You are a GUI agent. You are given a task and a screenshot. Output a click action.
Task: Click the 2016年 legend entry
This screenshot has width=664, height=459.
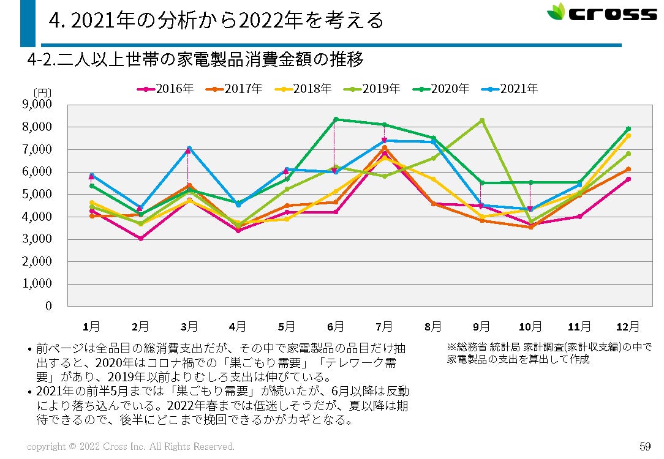tap(165, 89)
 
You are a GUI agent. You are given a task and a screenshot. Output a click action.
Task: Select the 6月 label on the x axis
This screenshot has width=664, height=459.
tap(335, 326)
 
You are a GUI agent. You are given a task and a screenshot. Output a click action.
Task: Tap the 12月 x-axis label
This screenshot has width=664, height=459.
tap(628, 326)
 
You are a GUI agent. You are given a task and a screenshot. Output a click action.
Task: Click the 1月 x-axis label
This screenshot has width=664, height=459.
tap(91, 326)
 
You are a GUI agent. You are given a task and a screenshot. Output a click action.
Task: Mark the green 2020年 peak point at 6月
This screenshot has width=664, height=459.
tap(335, 119)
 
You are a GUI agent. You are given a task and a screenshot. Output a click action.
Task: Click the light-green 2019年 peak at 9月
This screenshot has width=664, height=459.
tap(482, 121)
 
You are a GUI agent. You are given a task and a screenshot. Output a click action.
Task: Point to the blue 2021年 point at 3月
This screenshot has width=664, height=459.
tap(189, 148)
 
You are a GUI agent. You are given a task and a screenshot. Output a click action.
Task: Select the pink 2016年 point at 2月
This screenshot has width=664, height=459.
tap(140, 238)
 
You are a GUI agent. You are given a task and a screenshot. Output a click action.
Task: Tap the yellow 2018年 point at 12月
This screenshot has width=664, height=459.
tap(628, 136)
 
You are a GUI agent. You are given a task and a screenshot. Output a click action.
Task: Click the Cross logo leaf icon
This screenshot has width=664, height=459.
tap(556, 12)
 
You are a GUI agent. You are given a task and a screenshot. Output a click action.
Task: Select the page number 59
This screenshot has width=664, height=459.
tap(644, 446)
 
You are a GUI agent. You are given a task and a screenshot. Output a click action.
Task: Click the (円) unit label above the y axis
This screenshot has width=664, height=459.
tap(43, 92)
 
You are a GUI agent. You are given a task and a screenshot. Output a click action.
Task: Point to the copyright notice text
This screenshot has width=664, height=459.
tap(130, 447)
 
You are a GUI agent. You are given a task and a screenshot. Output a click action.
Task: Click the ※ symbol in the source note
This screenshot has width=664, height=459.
tap(451, 347)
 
